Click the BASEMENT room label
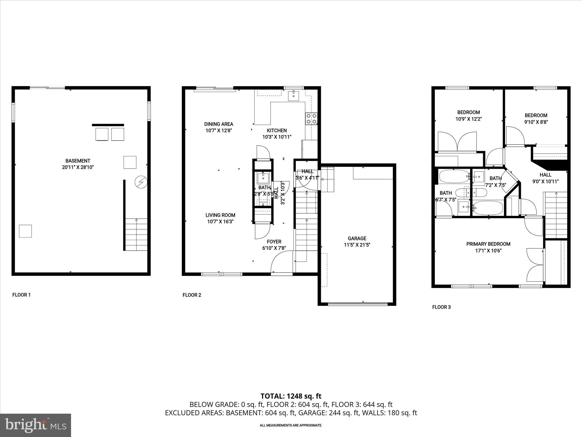click(78, 161)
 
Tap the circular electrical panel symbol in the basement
click(141, 182)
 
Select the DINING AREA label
click(219, 124)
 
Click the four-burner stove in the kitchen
click(311, 119)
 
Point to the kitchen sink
click(294, 96)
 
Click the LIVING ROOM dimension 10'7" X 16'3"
click(221, 222)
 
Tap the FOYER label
click(274, 242)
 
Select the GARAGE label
click(357, 238)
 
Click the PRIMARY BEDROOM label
click(488, 244)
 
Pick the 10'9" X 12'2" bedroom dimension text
click(469, 119)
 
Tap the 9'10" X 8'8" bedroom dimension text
click(536, 122)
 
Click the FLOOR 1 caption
click(21, 295)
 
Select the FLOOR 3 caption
click(441, 307)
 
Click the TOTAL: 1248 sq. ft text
click(291, 396)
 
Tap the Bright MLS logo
click(36, 425)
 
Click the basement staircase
click(136, 234)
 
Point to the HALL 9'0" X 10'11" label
click(545, 178)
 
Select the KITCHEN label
click(277, 131)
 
